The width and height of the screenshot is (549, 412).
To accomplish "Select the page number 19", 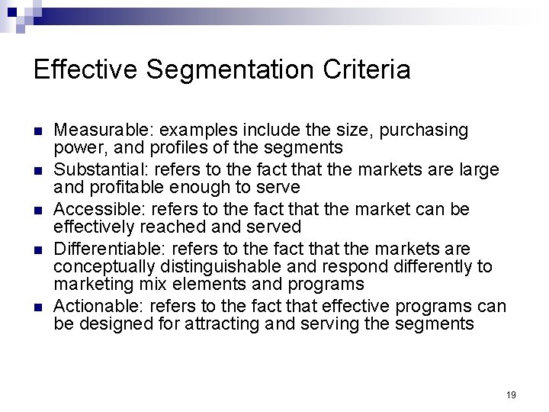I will tap(511, 394).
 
